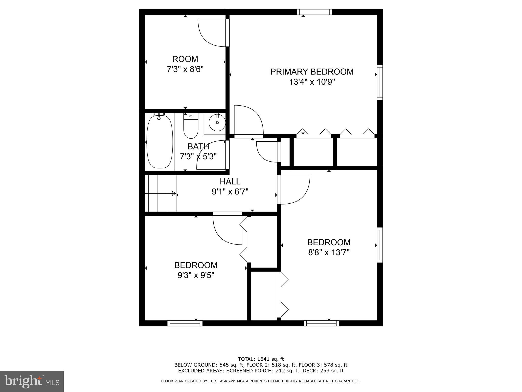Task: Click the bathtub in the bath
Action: (x=160, y=142)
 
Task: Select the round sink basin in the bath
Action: (x=217, y=123)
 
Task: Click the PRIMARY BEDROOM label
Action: (x=312, y=72)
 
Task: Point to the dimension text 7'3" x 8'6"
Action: (x=185, y=69)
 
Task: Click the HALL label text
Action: (x=230, y=181)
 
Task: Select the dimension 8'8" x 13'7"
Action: (x=329, y=252)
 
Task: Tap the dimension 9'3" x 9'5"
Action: (x=196, y=275)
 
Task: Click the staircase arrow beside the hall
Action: (x=174, y=193)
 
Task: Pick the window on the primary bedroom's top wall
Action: (x=315, y=12)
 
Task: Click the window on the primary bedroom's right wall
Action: (x=380, y=82)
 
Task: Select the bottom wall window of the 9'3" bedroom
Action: (x=185, y=323)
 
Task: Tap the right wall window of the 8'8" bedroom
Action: (x=380, y=245)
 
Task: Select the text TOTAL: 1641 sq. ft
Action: (x=261, y=359)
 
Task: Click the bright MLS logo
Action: (x=32, y=382)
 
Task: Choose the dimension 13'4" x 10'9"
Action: (x=312, y=82)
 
